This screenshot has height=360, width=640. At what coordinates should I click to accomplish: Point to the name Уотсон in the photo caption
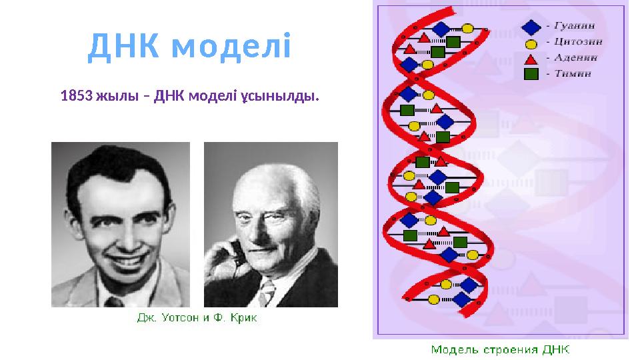183,318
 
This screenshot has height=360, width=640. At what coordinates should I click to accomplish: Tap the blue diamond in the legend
531,27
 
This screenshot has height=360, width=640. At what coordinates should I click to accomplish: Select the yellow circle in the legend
531,44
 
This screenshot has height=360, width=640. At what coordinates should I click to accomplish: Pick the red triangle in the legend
531,59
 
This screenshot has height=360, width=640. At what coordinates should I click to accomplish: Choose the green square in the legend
531,73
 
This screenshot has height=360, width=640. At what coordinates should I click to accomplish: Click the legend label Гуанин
574,27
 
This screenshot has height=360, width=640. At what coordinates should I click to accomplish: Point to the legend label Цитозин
577,43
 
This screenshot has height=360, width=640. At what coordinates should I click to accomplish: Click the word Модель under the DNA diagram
453,349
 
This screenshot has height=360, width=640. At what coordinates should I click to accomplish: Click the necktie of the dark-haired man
111,302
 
